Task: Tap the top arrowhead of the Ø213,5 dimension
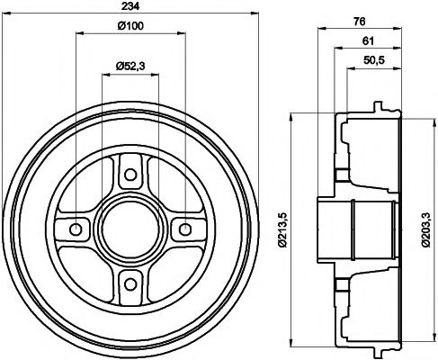pyautogui.click(x=294, y=115)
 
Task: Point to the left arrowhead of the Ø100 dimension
pyautogui.click(x=80, y=31)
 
